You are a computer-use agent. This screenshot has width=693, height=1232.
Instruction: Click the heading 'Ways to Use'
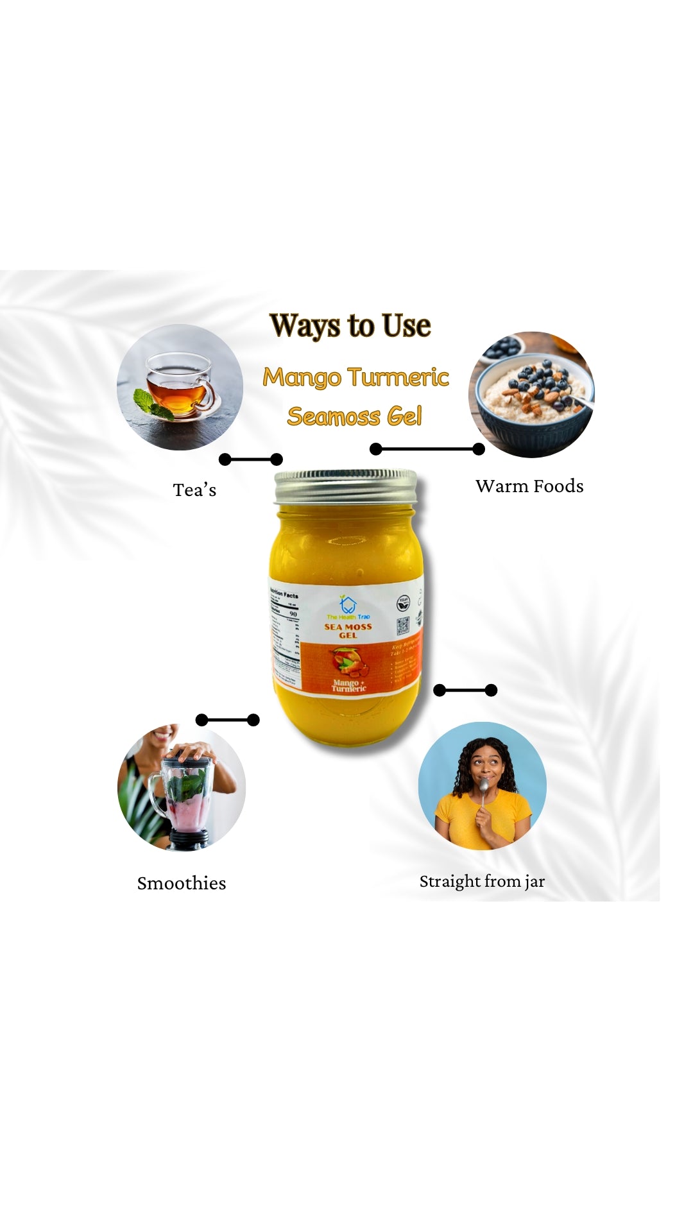pyautogui.click(x=350, y=325)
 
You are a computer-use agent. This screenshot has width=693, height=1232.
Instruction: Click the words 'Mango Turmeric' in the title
pyautogui.click(x=355, y=377)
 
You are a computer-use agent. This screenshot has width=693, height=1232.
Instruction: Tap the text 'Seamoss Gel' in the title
pyautogui.click(x=354, y=416)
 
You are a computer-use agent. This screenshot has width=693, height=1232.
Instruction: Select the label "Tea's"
pyautogui.click(x=194, y=490)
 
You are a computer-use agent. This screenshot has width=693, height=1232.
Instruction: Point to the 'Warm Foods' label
pyautogui.click(x=529, y=486)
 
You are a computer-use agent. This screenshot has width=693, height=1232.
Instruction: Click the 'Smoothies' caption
pyautogui.click(x=182, y=884)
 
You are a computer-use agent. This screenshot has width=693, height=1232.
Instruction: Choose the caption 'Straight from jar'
pyautogui.click(x=482, y=882)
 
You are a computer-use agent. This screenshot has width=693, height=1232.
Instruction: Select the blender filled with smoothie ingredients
pyautogui.click(x=186, y=802)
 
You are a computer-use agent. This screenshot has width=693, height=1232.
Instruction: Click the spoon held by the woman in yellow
pyautogui.click(x=483, y=789)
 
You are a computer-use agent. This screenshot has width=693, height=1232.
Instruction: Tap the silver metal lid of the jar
pyautogui.click(x=346, y=486)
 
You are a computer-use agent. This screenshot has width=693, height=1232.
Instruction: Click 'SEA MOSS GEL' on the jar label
pyautogui.click(x=348, y=631)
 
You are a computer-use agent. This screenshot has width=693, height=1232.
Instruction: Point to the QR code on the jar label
pyautogui.click(x=402, y=626)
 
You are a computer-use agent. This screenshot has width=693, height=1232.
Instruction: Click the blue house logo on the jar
pyautogui.click(x=348, y=604)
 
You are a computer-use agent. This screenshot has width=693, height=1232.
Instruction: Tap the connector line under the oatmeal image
pyautogui.click(x=427, y=449)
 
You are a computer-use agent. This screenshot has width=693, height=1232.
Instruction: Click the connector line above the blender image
pyautogui.click(x=227, y=720)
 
